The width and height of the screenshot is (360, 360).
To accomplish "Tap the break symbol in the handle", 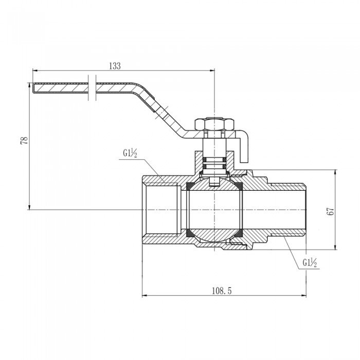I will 92,88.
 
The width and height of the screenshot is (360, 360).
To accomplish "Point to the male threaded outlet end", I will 288,210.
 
